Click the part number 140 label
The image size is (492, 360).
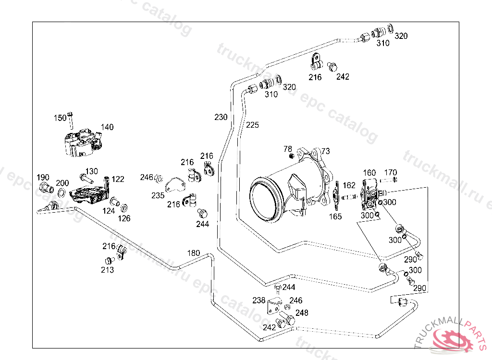(x=107, y=127)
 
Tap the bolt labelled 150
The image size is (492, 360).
(x=71, y=120)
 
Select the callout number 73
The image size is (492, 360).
(x=325, y=151)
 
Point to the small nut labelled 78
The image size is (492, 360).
(x=291, y=156)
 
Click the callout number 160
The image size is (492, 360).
(x=369, y=173)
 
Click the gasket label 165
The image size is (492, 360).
(x=335, y=216)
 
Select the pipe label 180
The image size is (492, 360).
(x=193, y=253)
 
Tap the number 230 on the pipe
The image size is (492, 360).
(x=221, y=117)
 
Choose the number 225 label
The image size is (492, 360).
(x=252, y=125)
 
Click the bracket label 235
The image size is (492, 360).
(x=158, y=195)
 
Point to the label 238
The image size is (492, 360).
(x=258, y=300)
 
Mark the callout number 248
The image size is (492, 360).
(x=302, y=313)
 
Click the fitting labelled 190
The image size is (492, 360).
(x=45, y=187)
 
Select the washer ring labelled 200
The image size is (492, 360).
(x=62, y=193)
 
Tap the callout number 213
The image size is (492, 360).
(x=107, y=270)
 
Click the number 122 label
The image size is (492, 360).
(x=118, y=179)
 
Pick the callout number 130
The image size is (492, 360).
(x=91, y=171)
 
